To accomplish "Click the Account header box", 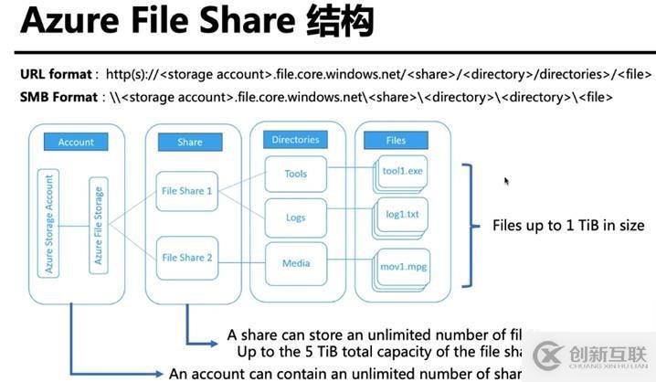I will [x=76, y=142].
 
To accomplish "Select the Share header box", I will [x=190, y=142].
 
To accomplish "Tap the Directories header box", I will [x=295, y=140].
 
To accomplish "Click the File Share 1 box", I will [x=186, y=191].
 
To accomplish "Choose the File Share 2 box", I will [x=186, y=258].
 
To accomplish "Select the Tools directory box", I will [x=295, y=174].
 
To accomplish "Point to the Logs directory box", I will [x=295, y=218].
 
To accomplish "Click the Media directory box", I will [x=295, y=263].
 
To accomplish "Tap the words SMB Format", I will [x=56, y=96].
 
